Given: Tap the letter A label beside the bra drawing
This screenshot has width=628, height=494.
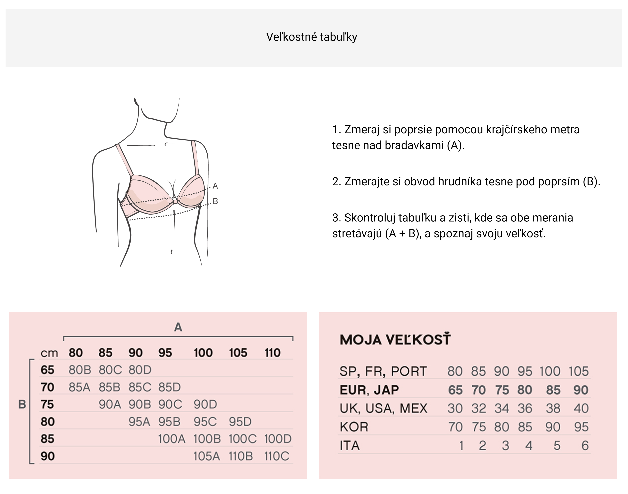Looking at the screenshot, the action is (x=215, y=186).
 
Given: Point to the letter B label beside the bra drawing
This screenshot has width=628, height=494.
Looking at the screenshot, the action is (x=215, y=201).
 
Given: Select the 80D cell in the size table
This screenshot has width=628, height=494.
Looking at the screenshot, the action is (x=140, y=370).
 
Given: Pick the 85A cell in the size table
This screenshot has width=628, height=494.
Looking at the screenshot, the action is (x=79, y=387).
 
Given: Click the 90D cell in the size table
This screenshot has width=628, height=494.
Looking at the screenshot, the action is (x=205, y=404).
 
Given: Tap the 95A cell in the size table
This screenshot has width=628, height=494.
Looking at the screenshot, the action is (x=139, y=422).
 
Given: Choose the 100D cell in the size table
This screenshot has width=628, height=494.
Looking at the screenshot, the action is (x=278, y=439).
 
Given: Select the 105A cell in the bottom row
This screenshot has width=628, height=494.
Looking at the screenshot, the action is (x=206, y=456).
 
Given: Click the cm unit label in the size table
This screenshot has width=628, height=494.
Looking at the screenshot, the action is (x=49, y=353).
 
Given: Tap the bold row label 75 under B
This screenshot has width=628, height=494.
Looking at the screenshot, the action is (x=47, y=404).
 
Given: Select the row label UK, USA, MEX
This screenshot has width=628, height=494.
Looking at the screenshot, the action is (x=383, y=408).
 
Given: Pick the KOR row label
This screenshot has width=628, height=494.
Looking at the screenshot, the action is (x=354, y=427).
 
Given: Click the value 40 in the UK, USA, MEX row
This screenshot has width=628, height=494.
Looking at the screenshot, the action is (x=581, y=408).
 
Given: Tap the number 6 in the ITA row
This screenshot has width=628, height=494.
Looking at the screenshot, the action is (x=585, y=445).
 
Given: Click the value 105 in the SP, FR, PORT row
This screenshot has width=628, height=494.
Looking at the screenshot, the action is (x=579, y=371).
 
